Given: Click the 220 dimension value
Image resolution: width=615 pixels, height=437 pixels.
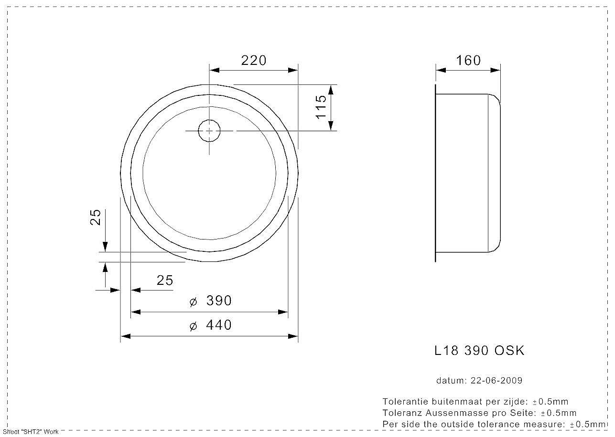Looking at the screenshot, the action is click(x=254, y=60).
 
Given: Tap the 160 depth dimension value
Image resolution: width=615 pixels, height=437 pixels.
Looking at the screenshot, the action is click(x=468, y=60).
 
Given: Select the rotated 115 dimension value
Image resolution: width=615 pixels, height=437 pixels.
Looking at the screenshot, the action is click(x=321, y=107).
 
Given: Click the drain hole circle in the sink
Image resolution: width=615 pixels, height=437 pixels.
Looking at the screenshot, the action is click(x=209, y=131).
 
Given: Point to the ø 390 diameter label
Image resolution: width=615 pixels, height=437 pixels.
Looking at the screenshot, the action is click(x=211, y=301).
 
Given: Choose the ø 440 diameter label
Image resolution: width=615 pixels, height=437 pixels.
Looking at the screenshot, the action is click(x=211, y=325).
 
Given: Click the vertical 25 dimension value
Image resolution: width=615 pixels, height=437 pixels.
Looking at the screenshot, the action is click(x=96, y=218).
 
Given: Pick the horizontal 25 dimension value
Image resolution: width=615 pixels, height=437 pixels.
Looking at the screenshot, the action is click(x=165, y=280).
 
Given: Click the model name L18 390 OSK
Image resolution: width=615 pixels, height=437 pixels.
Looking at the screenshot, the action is click(x=479, y=350).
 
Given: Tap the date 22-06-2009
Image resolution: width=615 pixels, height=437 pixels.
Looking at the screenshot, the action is click(x=496, y=381).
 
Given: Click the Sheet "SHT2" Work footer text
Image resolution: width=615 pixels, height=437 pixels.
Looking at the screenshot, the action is click(x=31, y=432).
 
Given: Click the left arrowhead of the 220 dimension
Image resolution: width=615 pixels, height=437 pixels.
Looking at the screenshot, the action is click(x=215, y=70).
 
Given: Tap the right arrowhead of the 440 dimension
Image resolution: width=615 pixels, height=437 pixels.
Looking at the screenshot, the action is click(x=293, y=336).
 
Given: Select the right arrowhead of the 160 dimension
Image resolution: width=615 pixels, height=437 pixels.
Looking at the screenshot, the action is click(x=495, y=70).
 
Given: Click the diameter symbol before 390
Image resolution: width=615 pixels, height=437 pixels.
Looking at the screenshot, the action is click(x=193, y=302).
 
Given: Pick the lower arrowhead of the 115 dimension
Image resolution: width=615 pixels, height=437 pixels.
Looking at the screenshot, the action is click(x=331, y=125).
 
